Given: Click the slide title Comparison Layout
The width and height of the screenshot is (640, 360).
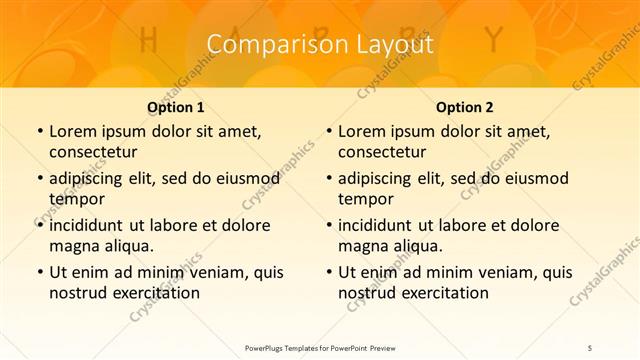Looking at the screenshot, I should tap(320, 45).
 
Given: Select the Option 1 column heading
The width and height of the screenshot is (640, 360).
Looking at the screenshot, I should tap(176, 107).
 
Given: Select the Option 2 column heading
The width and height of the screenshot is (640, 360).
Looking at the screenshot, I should tap(465, 107).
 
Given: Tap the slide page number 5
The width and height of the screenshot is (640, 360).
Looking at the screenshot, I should tap(590, 347).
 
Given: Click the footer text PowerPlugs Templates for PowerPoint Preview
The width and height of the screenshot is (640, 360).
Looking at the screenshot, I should tap(320, 347).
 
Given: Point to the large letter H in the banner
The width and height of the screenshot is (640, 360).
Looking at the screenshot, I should tap(149, 41).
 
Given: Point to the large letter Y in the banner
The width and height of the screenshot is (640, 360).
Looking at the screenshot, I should tap(492, 41).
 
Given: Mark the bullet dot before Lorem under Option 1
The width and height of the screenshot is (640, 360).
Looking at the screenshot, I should tap(39, 132).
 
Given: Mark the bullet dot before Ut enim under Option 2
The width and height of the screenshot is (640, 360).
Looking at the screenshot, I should tap(328, 272).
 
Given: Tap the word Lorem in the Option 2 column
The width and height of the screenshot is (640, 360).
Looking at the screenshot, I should tap(361, 132).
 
